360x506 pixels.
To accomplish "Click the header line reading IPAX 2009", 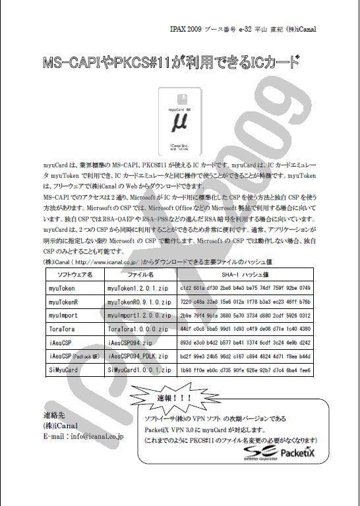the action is [x=258, y=29].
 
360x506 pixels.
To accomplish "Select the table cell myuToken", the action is [x=62, y=288].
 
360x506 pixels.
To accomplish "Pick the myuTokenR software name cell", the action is [x=64, y=302].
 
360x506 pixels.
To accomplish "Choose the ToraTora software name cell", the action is [x=62, y=329].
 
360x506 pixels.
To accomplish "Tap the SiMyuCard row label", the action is [x=63, y=370].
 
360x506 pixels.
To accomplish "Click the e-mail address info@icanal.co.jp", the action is [x=84, y=436].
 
